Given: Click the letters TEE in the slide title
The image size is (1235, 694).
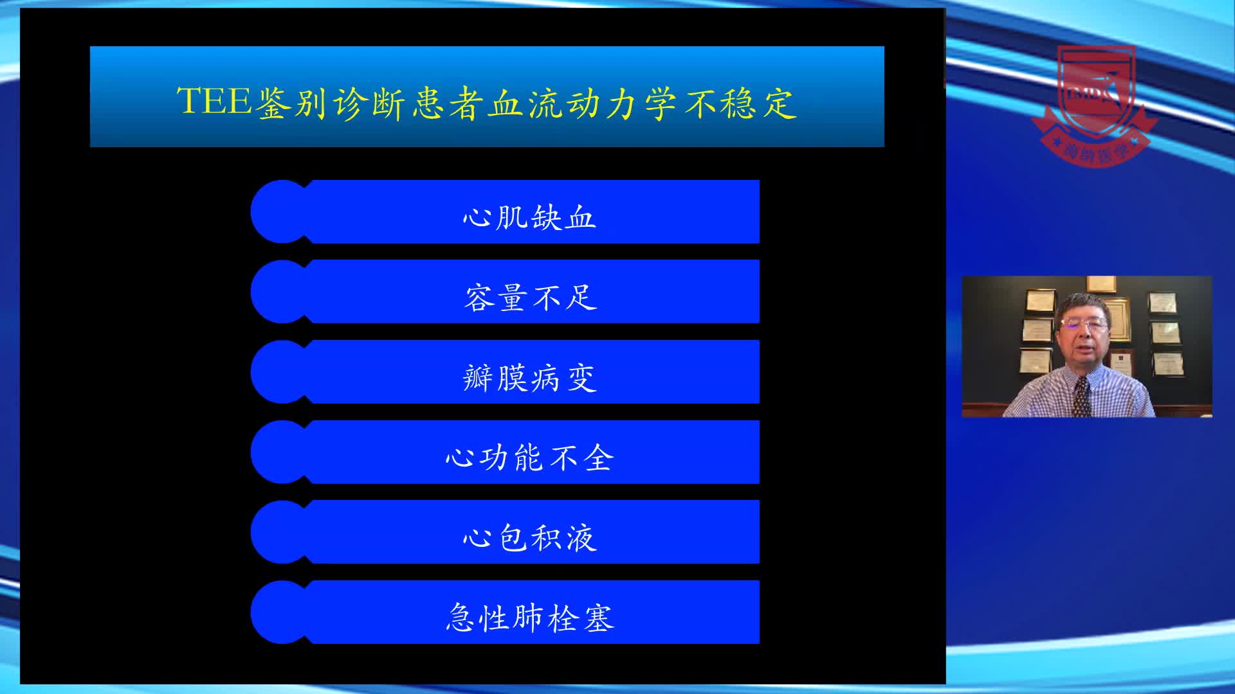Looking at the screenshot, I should point(214,102).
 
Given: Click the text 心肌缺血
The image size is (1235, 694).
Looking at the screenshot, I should point(529,217).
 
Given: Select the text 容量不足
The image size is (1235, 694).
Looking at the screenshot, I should point(531,298).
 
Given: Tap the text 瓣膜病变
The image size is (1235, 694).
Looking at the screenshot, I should point(529,378).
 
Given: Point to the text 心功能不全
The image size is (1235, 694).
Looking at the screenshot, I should point(529,458).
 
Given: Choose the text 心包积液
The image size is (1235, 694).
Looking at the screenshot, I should point(529,538).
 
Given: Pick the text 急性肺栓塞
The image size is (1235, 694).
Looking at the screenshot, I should point(530,618).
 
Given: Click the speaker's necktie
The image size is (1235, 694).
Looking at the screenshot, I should point(1081,395).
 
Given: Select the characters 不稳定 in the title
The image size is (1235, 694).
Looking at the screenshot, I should point(740,103).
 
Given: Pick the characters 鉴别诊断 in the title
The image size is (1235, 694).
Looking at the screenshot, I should point(332,103).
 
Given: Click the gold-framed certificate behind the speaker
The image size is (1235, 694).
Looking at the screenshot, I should point(1120,318).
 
